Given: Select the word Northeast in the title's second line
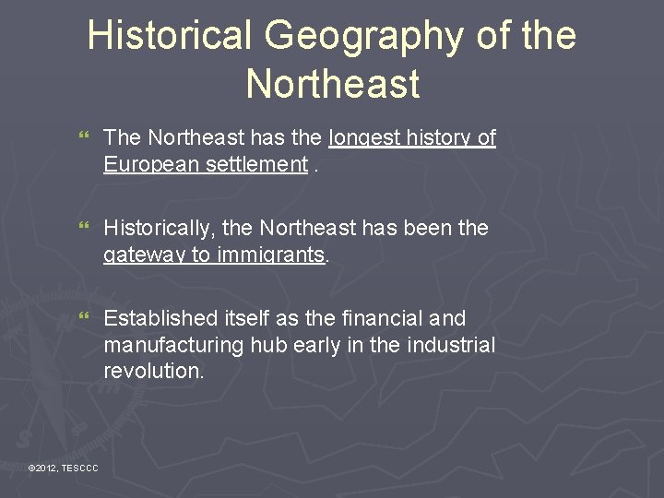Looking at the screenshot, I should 332,85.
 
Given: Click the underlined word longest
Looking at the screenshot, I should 365,138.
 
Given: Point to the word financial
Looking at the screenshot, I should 384,318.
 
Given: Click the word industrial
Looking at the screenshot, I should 453,345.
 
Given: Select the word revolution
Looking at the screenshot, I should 153,372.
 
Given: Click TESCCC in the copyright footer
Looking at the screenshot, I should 80,469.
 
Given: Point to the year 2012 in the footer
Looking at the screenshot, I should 46,469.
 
